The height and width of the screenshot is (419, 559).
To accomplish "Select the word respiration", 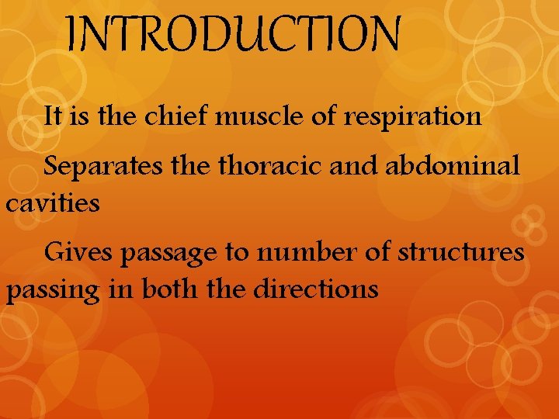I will [x=413, y=118].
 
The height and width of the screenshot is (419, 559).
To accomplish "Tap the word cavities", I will [x=53, y=204].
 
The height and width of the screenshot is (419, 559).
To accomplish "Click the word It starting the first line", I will [x=54, y=117].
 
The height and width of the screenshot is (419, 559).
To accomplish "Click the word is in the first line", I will [x=82, y=117].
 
